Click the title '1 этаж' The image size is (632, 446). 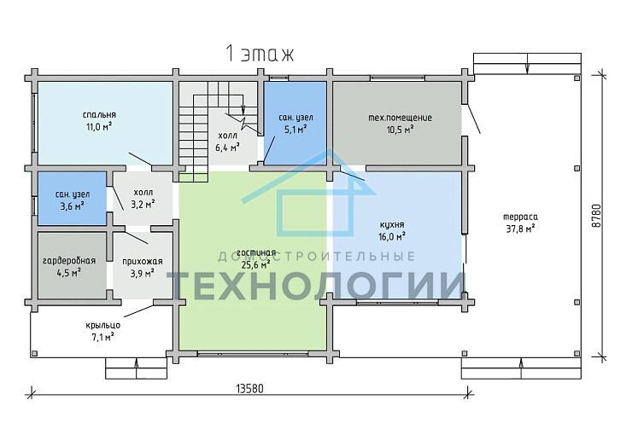tap(259, 54)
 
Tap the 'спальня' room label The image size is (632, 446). tap(99, 115)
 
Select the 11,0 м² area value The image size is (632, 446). tap(99, 127)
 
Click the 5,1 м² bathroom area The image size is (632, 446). tap(296, 130)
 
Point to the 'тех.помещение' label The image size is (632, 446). tap(401, 118)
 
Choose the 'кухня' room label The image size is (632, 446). tap(392, 224)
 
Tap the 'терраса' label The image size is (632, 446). tap(520, 217)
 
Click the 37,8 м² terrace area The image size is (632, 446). tap(520, 229)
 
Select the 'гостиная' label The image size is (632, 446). tap(256, 252)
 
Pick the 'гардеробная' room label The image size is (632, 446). tap(69, 261)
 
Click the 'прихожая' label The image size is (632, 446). tap(143, 262)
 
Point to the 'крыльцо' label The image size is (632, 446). tap(102, 325)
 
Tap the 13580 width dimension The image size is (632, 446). tap(250, 389)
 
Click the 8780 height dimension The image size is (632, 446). tap(597, 216)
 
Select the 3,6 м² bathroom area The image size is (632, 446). tap(72, 206)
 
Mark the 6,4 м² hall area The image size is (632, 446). tap(227, 148)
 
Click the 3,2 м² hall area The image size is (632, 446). tap(143, 205)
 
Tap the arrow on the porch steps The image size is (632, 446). tap(137, 369)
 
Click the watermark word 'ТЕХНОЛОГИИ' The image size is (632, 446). tap(316, 285)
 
